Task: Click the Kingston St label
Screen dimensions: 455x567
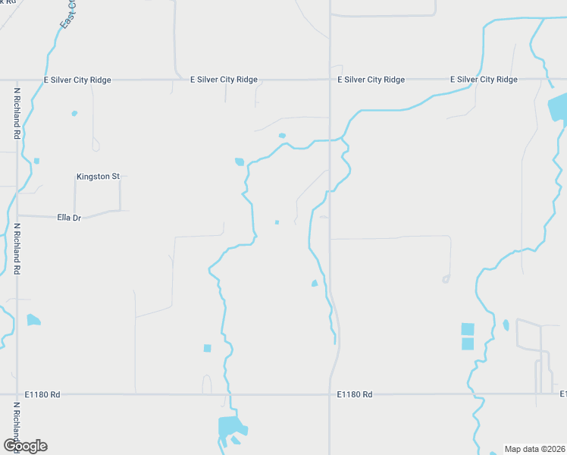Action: pyautogui.click(x=98, y=177)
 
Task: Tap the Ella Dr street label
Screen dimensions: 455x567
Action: pyautogui.click(x=69, y=217)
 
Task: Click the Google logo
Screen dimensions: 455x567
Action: pyautogui.click(x=25, y=446)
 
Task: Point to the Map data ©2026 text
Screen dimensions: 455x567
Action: pyautogui.click(x=534, y=449)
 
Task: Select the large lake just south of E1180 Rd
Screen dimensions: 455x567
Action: pyautogui.click(x=230, y=426)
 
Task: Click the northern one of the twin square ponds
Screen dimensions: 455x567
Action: pyautogui.click(x=468, y=329)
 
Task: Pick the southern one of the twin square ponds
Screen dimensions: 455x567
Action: pyautogui.click(x=468, y=344)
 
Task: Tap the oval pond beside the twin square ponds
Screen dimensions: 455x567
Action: pyautogui.click(x=506, y=325)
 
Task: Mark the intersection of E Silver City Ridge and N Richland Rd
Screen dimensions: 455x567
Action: pyautogui.click(x=17, y=80)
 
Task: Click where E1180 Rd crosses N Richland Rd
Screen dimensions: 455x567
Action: pyautogui.click(x=17, y=394)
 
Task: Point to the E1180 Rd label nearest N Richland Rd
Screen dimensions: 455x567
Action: pyautogui.click(x=42, y=394)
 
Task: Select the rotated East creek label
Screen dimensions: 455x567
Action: pyautogui.click(x=68, y=15)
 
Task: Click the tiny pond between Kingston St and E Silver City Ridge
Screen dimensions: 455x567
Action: pyautogui.click(x=74, y=114)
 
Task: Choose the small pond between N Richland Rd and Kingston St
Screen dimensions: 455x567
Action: pyautogui.click(x=36, y=161)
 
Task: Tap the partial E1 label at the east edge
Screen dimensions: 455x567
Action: pyautogui.click(x=562, y=394)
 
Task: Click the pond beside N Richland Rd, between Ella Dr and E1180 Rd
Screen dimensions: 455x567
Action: pyautogui.click(x=33, y=320)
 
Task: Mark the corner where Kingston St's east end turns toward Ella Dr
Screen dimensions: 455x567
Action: pyautogui.click(x=120, y=177)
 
